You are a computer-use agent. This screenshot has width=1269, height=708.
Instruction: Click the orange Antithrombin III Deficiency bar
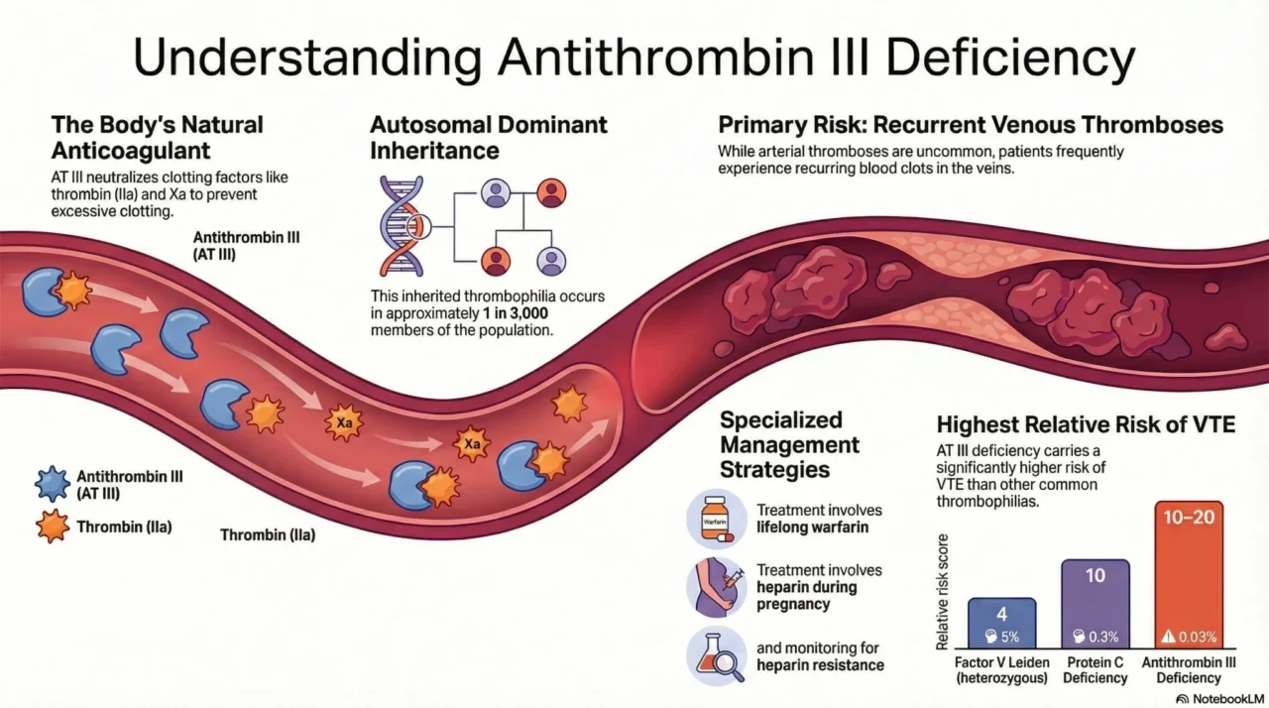(x=1189, y=575)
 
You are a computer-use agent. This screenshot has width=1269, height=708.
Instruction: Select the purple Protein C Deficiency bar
(x=1096, y=605)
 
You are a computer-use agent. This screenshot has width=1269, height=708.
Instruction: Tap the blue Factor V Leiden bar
(x=1001, y=623)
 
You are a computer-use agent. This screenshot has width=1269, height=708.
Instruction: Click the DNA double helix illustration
(x=401, y=226)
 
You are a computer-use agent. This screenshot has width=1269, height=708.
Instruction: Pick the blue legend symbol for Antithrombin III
(x=52, y=484)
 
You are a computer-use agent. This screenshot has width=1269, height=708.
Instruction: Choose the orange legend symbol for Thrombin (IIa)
(x=52, y=528)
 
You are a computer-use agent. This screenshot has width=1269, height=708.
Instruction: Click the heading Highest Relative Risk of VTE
(x=1086, y=425)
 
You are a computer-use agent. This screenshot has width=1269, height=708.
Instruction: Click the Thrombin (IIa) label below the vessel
(x=268, y=535)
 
